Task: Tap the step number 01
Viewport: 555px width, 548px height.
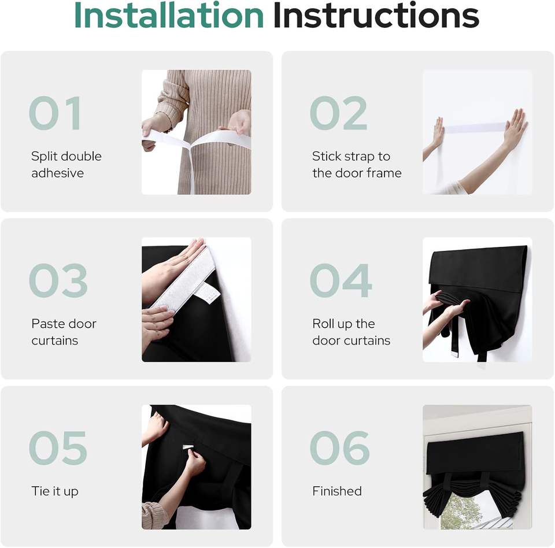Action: click(55, 113)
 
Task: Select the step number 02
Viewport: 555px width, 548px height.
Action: click(338, 113)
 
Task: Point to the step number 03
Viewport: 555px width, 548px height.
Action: click(58, 280)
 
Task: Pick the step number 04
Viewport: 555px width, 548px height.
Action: click(341, 280)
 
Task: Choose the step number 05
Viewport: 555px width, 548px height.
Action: click(58, 448)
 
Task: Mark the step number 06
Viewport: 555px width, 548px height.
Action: click(340, 448)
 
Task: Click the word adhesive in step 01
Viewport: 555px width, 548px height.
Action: click(58, 173)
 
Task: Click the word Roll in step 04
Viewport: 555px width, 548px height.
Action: click(323, 324)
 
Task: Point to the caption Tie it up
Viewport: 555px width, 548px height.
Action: click(55, 491)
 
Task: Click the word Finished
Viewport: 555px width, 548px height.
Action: click(337, 491)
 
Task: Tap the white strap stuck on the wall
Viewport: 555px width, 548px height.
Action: click(474, 128)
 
